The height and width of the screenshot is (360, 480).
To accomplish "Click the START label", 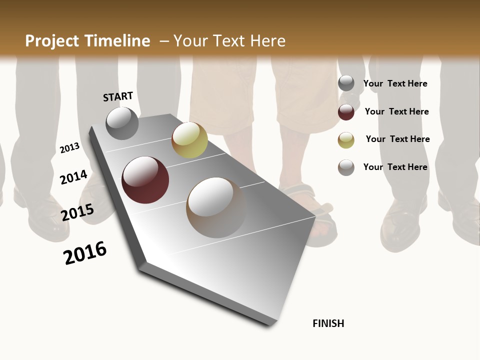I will click(118, 96).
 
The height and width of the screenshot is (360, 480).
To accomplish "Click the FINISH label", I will click(328, 323).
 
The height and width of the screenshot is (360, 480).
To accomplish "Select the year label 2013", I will click(70, 147).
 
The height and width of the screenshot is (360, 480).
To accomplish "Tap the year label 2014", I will click(73, 177).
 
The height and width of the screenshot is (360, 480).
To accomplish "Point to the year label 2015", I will click(77, 212).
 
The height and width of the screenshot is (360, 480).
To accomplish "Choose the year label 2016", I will click(85, 253).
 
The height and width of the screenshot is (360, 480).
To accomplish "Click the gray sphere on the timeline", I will click(122, 123).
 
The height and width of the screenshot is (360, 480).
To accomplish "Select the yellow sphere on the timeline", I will click(189, 139).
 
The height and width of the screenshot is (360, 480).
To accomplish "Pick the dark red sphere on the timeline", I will click(145, 180).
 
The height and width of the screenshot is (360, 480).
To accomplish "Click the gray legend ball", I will click(346, 83).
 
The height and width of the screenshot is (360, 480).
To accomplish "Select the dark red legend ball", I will click(346, 112).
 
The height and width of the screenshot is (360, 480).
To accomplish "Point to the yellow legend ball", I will click(346, 140).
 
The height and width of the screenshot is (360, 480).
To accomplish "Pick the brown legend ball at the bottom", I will click(346, 167).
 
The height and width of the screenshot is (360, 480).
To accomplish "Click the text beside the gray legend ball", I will click(395, 83).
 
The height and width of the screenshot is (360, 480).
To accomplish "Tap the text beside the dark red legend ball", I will click(396, 111).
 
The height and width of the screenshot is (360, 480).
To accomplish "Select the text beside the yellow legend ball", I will click(397, 139).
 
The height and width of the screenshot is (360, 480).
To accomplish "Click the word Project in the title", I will click(52, 41).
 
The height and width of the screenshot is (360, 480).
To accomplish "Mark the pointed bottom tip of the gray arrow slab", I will click(271, 325).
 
